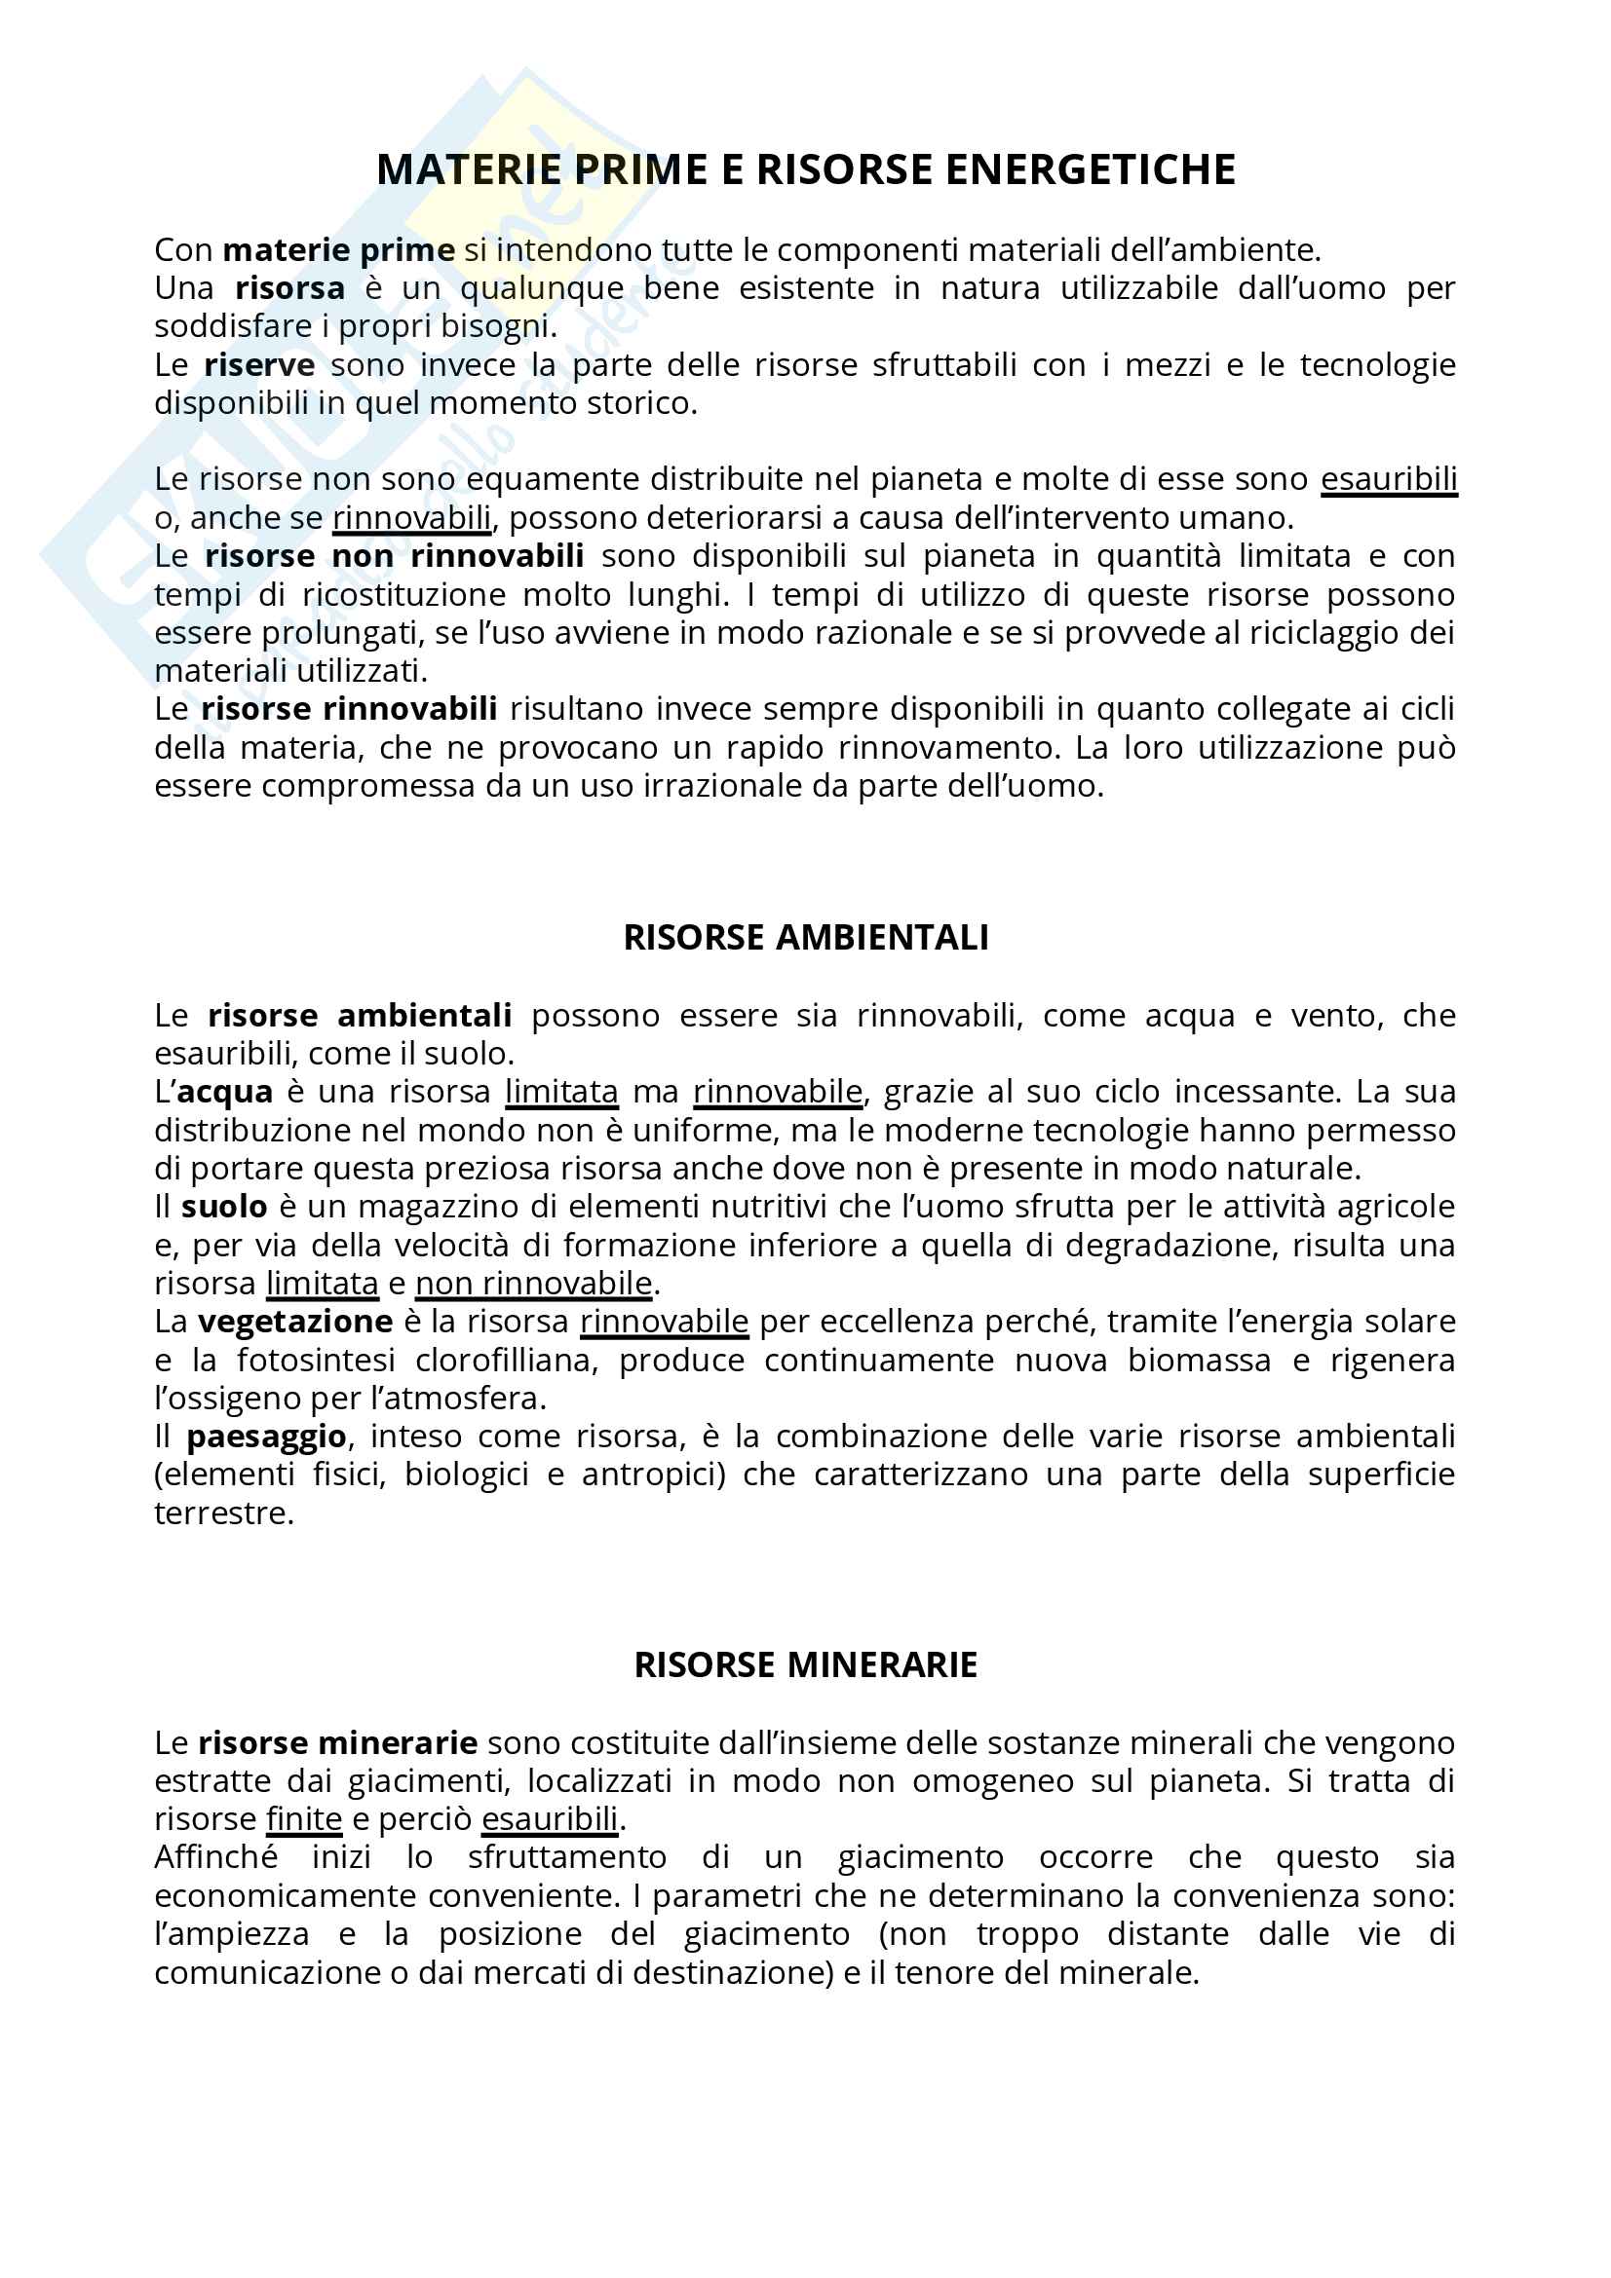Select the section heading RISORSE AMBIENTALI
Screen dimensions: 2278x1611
coord(805,938)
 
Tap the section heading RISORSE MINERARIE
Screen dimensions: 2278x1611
coord(805,1663)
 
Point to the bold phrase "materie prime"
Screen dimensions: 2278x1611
coord(338,250)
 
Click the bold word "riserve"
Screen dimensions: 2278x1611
coord(259,365)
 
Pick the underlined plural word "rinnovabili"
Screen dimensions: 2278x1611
coord(412,518)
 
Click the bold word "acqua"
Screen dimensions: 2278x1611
coord(224,1092)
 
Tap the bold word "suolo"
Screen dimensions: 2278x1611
coord(224,1207)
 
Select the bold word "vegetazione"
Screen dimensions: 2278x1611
coord(294,1322)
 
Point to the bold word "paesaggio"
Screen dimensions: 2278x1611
coord(266,1437)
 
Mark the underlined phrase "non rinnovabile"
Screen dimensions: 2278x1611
coord(534,1284)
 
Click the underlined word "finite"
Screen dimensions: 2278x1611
coord(304,1818)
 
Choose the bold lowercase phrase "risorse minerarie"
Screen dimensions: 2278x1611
coord(337,1742)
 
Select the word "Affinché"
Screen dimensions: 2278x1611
coord(215,1856)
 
